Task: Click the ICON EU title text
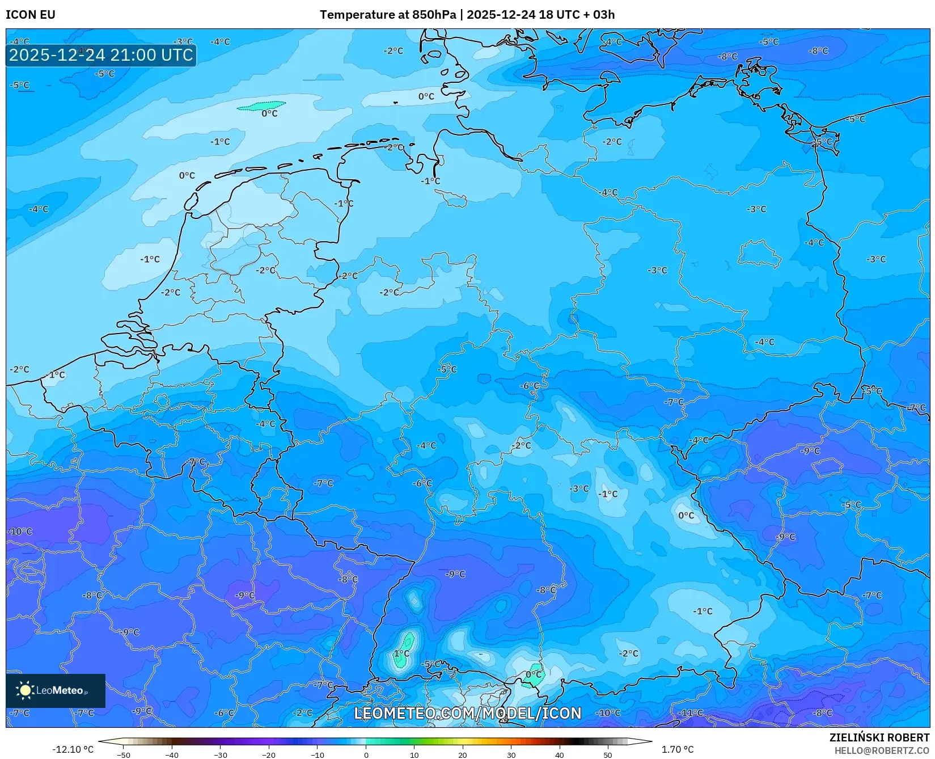(31, 15)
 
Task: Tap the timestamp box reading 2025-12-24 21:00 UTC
(101, 55)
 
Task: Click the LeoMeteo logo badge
(56, 690)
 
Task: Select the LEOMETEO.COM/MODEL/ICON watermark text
(468, 713)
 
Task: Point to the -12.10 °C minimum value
(73, 749)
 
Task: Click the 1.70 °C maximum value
(677, 749)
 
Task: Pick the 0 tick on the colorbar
(366, 754)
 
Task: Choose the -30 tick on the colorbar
(221, 754)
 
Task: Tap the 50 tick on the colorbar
(608, 754)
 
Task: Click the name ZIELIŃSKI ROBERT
(879, 737)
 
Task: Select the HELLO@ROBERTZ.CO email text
(882, 750)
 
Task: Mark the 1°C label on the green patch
(401, 653)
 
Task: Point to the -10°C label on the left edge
(20, 532)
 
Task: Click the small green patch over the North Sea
(261, 106)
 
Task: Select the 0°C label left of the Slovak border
(686, 516)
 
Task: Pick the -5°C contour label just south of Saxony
(447, 369)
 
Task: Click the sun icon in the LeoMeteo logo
(25, 690)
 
